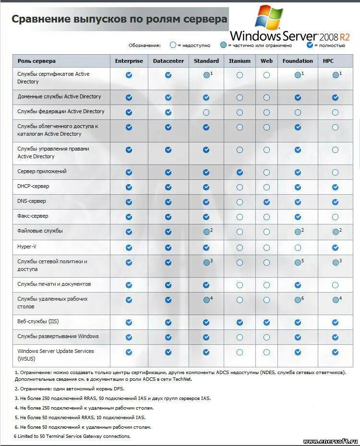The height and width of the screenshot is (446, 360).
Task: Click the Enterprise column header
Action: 129,61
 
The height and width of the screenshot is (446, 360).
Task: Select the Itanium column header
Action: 240,61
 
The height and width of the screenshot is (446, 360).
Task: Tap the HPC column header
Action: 328,61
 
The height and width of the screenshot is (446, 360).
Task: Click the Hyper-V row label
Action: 27,246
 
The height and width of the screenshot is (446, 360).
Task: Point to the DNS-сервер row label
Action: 32,201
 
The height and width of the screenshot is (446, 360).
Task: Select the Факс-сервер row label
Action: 33,216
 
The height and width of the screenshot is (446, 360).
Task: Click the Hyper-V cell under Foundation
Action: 298,248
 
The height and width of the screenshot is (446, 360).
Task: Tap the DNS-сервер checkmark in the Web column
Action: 266,202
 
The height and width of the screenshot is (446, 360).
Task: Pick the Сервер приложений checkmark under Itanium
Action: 240,172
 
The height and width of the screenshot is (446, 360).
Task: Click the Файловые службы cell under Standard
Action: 206,232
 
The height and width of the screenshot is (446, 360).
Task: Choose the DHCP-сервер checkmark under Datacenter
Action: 168,187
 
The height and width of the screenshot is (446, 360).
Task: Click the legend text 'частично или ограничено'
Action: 261,45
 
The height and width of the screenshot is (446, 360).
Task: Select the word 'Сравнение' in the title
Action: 40,19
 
